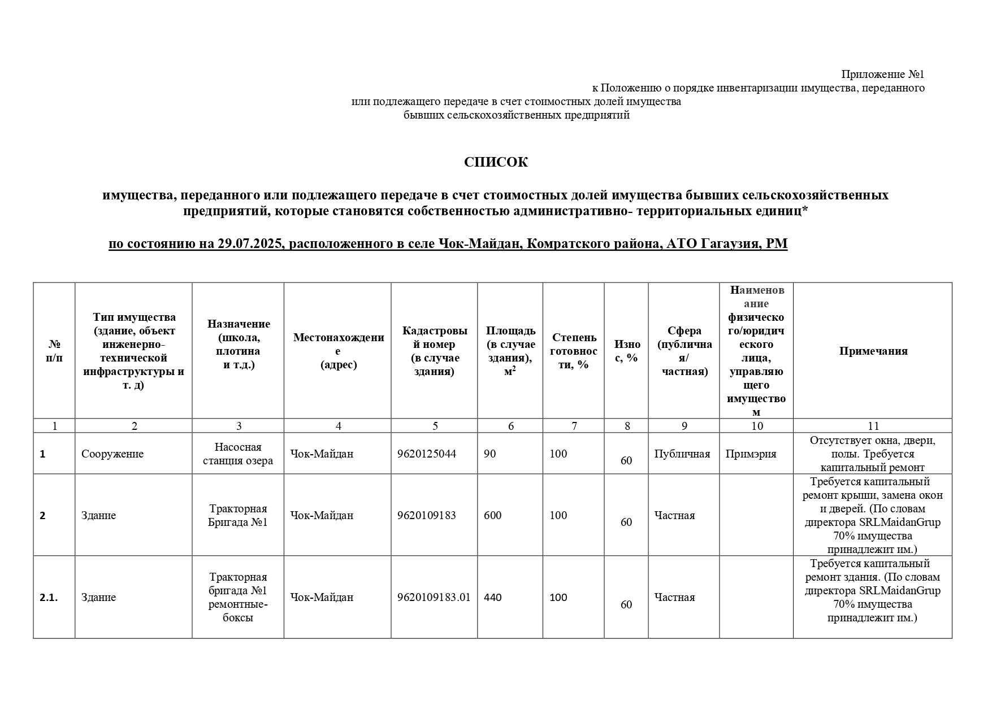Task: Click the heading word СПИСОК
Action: pos(496,163)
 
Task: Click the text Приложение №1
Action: pos(882,75)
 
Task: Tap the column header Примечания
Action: pos(873,351)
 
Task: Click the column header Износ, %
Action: pos(627,351)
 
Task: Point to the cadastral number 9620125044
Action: pos(426,454)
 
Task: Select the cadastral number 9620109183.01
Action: pos(434,597)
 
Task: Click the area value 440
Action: pos(493,597)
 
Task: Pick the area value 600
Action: pos(493,515)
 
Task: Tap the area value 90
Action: pos(489,454)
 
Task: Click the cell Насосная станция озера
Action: pos(238,454)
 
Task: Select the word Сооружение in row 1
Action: pos(112,454)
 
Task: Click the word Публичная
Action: pos(682,454)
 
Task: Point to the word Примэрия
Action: pos(751,454)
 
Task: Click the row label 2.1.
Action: pos(49,597)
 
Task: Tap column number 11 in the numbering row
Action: pos(873,426)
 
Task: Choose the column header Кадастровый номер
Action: pos(435,351)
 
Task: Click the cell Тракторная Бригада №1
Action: pos(238,515)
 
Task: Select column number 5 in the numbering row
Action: pos(435,426)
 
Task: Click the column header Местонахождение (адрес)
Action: pos(338,351)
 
